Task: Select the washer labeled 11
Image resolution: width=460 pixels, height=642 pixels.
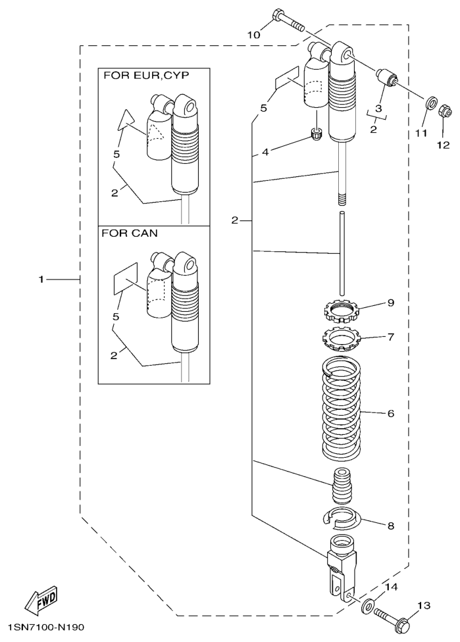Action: pos(430,103)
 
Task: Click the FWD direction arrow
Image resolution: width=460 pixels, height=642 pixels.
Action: pos(40,597)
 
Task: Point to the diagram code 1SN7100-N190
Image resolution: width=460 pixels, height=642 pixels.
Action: pos(43,629)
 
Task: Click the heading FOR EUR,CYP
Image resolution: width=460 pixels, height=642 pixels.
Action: pos(145,76)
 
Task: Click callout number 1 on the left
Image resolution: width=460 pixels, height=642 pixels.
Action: pos(41,279)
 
